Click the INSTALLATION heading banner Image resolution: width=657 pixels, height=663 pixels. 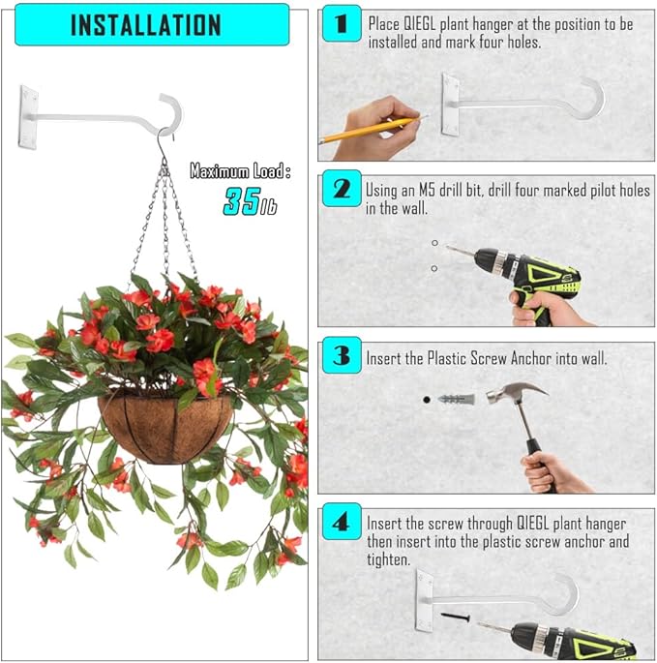pos(145,24)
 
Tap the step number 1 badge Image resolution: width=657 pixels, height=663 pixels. pos(341,21)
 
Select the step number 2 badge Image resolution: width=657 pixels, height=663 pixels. pos(341,188)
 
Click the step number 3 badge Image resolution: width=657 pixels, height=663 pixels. pos(341,357)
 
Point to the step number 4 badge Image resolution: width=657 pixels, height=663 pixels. pos(341,523)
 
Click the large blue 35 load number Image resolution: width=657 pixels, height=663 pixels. pos(242,201)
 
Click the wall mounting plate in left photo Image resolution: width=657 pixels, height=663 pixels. pos(30,118)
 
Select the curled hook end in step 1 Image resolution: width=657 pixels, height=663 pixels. pos(589,98)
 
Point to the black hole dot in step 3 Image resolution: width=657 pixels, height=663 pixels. pos(426,398)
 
